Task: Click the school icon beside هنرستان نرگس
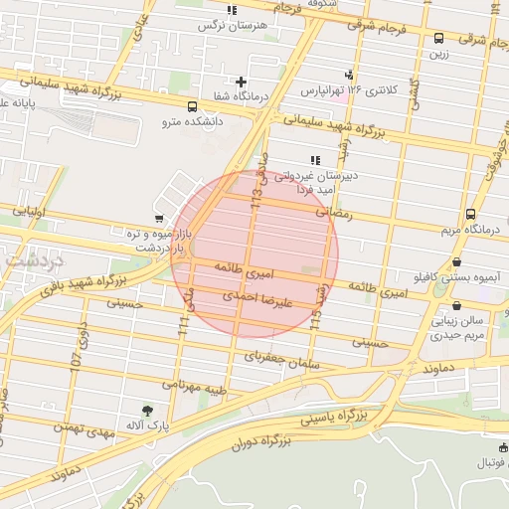click(x=232, y=10)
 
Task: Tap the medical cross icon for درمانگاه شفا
click(x=241, y=82)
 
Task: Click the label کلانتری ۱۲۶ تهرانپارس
click(x=348, y=89)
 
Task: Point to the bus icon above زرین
click(x=439, y=39)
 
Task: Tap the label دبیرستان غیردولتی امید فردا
click(x=317, y=180)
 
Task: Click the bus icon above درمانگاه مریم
click(x=469, y=213)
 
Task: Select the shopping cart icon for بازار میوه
click(x=159, y=218)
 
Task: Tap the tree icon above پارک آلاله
click(x=148, y=410)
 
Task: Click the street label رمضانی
click(x=334, y=211)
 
